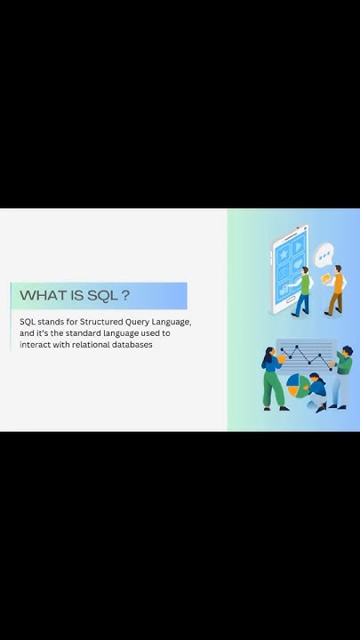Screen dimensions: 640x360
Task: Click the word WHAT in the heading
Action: (x=39, y=296)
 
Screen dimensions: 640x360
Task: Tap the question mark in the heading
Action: (x=125, y=296)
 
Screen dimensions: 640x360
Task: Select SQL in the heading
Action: (x=102, y=296)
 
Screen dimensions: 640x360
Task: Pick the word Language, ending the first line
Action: (x=173, y=322)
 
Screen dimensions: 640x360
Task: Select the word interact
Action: (x=34, y=345)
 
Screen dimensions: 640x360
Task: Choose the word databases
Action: (x=132, y=345)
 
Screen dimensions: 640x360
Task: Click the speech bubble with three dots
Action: (x=324, y=256)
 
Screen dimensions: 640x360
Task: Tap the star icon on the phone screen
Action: (x=284, y=252)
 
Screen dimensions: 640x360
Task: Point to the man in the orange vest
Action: (x=336, y=289)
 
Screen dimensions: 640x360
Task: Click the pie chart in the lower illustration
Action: (x=297, y=386)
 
